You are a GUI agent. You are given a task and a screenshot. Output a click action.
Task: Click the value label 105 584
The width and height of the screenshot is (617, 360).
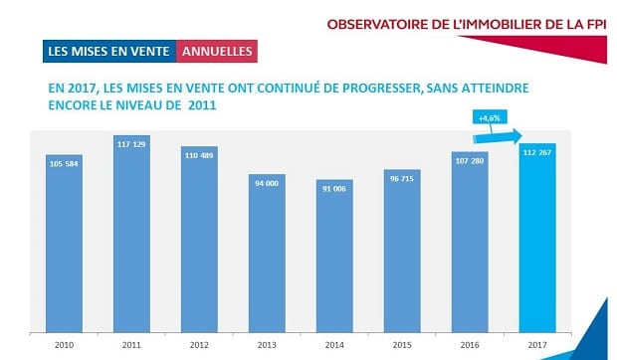tap(64, 162)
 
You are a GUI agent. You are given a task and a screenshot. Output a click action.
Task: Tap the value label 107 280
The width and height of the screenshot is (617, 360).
tap(468, 159)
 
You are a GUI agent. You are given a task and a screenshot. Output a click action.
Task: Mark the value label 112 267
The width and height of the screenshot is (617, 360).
tap(535, 151)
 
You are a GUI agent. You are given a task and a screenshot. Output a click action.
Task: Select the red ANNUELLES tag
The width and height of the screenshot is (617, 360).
tap(215, 49)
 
